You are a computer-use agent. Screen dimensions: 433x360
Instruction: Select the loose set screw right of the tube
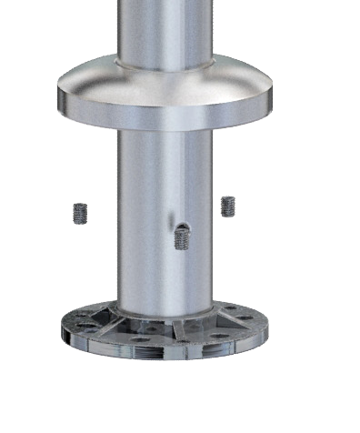[x=227, y=206]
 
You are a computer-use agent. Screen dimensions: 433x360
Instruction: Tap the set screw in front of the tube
[x=182, y=238]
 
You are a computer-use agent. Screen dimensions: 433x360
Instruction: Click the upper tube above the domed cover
[x=164, y=27]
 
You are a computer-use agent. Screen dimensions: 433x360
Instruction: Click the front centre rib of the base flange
[x=179, y=331]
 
